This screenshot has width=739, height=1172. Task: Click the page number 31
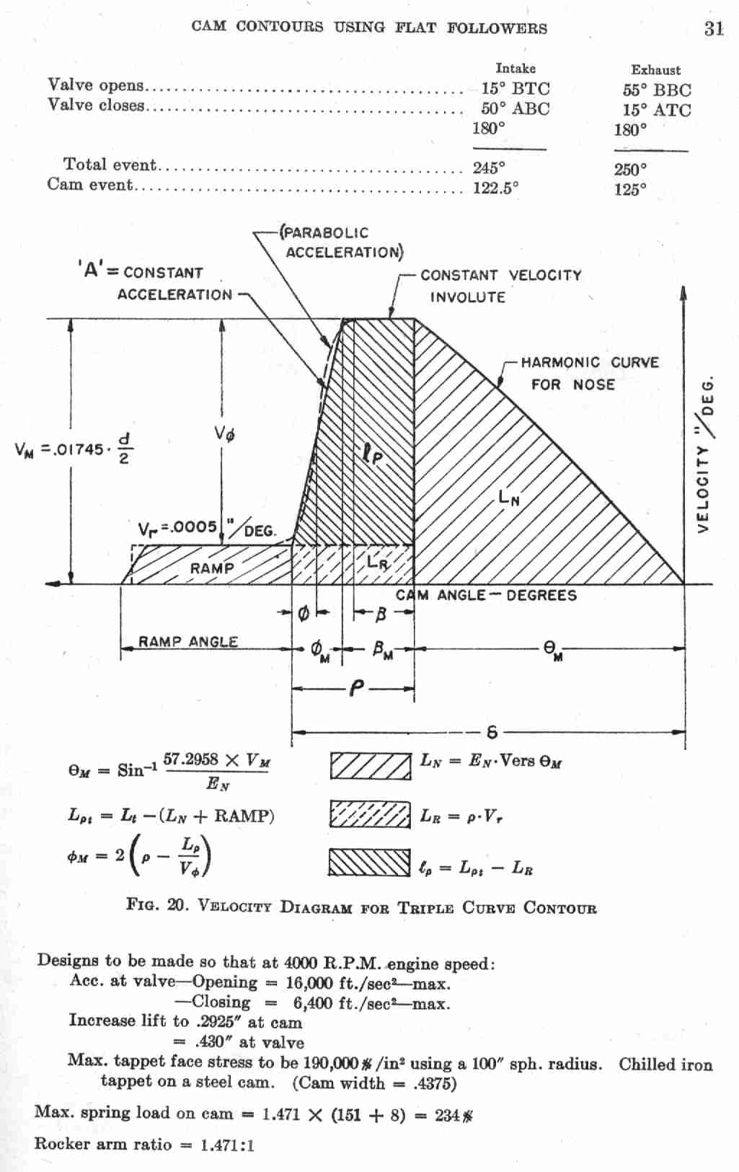point(713,29)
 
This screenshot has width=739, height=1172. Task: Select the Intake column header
point(515,69)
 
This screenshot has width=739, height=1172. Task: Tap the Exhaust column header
point(655,70)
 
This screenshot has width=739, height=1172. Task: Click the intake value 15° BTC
point(515,89)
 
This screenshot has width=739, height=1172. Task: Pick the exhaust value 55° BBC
point(656,90)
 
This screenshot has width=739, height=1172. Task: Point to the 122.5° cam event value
point(495,188)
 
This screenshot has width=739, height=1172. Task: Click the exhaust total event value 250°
point(630,169)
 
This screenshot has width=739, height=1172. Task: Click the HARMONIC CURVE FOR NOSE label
point(589,373)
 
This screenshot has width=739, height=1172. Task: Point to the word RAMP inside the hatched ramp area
point(212,568)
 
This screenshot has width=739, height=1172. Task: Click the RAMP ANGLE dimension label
point(188,641)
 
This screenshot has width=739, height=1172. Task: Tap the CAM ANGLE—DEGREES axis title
point(487,595)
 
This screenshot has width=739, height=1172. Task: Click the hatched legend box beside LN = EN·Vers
point(370,766)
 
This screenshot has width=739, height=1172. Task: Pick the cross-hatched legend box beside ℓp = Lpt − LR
point(370,862)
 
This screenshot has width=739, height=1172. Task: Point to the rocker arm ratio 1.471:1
point(227,1145)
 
